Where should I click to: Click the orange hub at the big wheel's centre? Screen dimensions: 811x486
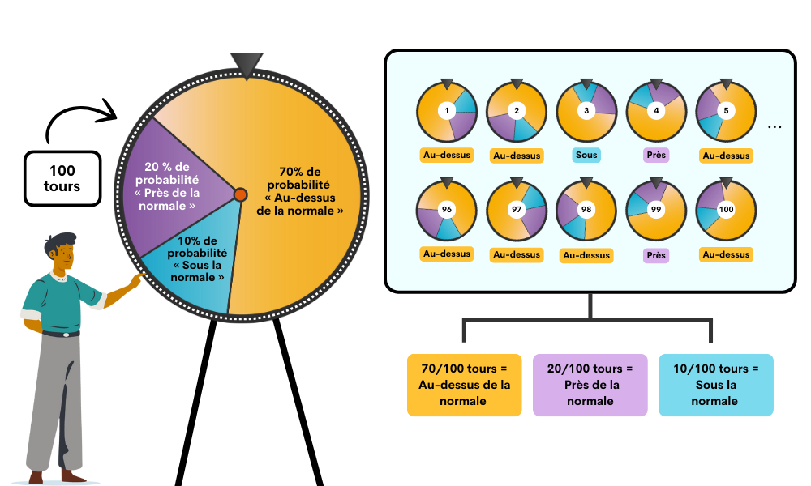[x=240, y=194]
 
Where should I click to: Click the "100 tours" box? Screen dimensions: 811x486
[x=62, y=179]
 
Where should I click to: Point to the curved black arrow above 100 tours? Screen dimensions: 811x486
[x=78, y=109]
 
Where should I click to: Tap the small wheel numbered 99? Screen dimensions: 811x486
[x=656, y=210]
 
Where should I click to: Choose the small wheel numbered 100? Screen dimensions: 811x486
[x=726, y=210]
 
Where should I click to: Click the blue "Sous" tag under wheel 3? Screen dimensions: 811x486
[x=586, y=155]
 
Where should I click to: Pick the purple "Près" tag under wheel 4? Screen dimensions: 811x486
[x=656, y=155]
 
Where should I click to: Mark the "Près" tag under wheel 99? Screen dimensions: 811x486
[x=656, y=255]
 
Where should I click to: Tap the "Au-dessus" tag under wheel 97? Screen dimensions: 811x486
[x=517, y=254]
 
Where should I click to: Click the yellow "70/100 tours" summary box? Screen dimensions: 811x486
[x=465, y=385]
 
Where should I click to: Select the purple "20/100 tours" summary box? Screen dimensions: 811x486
[x=590, y=385]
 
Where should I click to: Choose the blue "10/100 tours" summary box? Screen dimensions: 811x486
[x=716, y=385]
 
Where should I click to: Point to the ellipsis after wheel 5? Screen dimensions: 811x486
[x=775, y=127]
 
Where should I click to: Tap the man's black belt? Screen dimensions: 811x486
[x=61, y=335]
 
